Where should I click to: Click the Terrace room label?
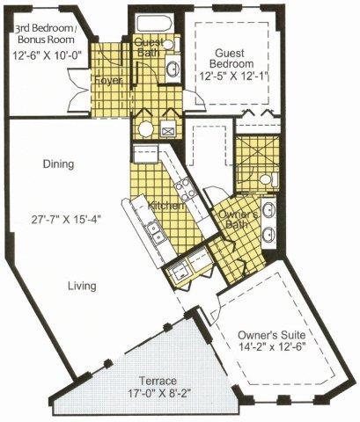[158, 381]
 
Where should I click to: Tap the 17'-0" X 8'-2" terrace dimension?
[158, 392]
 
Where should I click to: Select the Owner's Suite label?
[271, 335]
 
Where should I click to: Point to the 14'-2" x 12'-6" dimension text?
[272, 346]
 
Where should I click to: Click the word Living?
[82, 286]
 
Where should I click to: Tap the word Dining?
[58, 164]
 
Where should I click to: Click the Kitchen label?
[166, 206]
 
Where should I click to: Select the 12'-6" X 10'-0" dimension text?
[47, 55]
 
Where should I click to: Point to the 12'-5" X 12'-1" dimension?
[234, 76]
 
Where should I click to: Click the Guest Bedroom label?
[231, 58]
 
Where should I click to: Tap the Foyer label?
[108, 81]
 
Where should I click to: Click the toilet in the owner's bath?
[269, 179]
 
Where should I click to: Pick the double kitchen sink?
[155, 232]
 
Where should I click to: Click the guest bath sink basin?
[173, 69]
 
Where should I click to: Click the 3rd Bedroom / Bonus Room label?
[46, 33]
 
